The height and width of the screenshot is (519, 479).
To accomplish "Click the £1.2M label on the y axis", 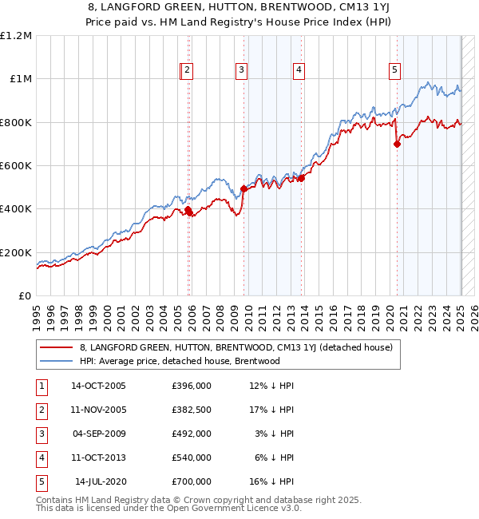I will click(17, 36).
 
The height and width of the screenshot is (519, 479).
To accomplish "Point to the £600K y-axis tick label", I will click(16, 166).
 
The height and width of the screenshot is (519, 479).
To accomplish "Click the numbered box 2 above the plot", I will click(187, 70).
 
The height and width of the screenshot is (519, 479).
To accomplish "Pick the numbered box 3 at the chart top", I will click(241, 70).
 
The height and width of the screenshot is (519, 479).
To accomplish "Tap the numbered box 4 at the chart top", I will click(299, 70).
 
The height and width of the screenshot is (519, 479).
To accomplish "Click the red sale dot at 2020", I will click(397, 145).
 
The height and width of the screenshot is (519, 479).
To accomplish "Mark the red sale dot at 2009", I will click(243, 189).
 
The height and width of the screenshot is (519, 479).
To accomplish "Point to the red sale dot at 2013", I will click(301, 179).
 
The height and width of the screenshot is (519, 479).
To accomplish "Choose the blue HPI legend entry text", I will click(180, 361).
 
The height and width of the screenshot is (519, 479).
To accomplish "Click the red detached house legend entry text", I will click(236, 347).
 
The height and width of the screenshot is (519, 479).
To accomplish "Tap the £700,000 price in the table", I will click(192, 481).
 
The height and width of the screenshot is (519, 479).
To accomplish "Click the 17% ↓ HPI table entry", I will click(271, 410).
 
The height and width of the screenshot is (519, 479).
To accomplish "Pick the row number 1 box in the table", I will click(40, 386).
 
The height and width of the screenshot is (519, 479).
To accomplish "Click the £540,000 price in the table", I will click(192, 458).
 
